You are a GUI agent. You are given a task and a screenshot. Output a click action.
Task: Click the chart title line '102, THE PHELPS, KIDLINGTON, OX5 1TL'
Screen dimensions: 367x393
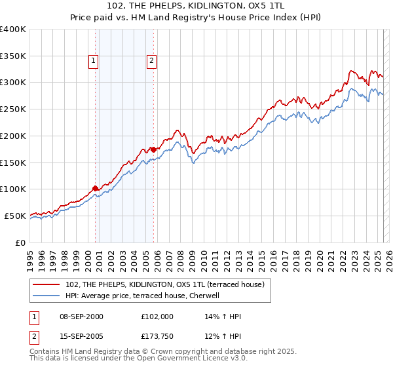(196, 7)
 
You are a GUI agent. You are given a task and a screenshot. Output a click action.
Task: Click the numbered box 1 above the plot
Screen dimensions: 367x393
(93, 62)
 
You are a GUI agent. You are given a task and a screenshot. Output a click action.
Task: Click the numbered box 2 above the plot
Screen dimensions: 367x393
(151, 62)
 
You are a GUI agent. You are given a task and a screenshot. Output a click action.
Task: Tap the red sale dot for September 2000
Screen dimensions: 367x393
(95, 188)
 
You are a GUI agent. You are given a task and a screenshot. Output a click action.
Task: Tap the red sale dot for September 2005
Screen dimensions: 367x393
(153, 149)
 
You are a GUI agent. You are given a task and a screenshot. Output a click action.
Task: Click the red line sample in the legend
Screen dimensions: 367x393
(47, 284)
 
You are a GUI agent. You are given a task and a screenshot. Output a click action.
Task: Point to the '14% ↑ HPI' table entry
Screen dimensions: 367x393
(223, 317)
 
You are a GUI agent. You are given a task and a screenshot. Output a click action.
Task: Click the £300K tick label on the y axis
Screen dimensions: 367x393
(13, 83)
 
